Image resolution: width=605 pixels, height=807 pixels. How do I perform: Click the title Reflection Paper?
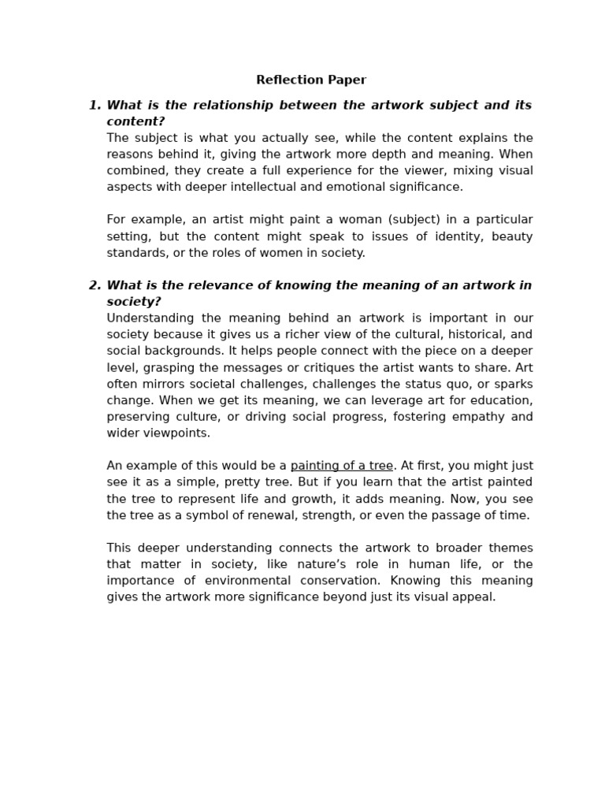pos(310,80)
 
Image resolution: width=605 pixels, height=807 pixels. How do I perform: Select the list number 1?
pos(94,106)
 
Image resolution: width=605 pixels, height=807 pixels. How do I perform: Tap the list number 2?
pos(94,285)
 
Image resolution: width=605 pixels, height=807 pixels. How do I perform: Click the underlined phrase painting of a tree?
pos(341,466)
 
